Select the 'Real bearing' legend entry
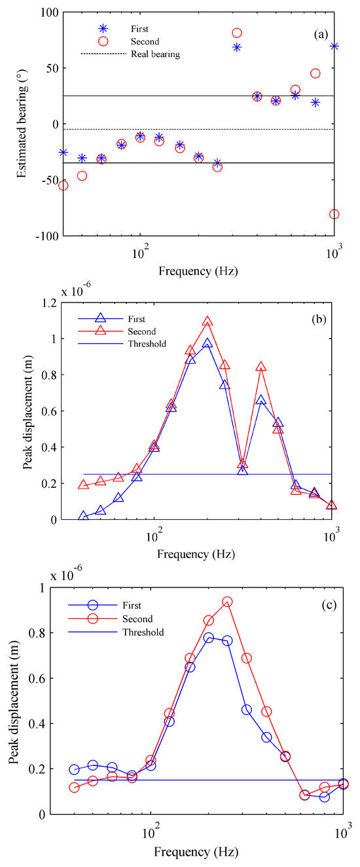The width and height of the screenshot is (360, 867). pyautogui.click(x=154, y=54)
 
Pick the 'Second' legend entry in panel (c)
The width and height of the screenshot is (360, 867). pyautogui.click(x=138, y=619)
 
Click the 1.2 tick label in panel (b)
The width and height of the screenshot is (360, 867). pyautogui.click(x=48, y=303)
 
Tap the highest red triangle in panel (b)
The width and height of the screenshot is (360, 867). pyautogui.click(x=207, y=322)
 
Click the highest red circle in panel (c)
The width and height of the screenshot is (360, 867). pyautogui.click(x=227, y=601)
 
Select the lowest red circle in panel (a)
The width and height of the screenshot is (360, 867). pyautogui.click(x=334, y=214)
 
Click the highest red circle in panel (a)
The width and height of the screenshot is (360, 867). pyautogui.click(x=237, y=33)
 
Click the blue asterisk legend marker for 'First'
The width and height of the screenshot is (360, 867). pyautogui.click(x=103, y=29)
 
